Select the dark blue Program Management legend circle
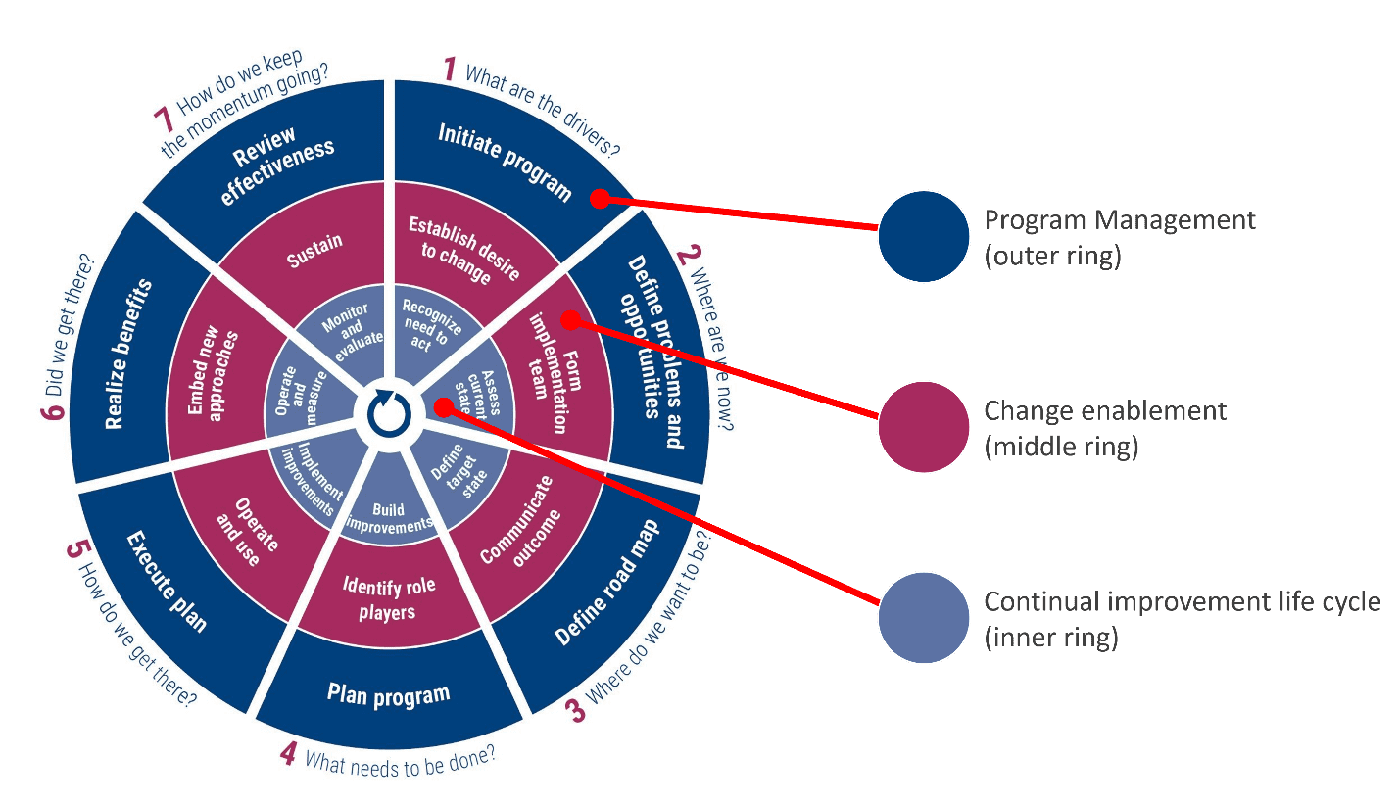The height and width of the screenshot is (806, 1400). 923,236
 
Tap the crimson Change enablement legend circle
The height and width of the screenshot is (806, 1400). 923,427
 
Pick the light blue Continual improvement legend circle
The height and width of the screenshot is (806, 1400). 923,618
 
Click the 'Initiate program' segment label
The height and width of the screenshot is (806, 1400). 505,162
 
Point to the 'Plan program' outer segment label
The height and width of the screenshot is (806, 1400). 388,695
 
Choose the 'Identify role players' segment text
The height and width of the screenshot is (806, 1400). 389,599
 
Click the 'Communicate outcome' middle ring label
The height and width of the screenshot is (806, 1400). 516,522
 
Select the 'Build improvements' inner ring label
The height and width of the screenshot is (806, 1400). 389,517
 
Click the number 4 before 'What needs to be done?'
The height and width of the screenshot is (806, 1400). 288,755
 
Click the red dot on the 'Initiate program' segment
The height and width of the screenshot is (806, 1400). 596,199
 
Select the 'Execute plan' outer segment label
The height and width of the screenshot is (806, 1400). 167,582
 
